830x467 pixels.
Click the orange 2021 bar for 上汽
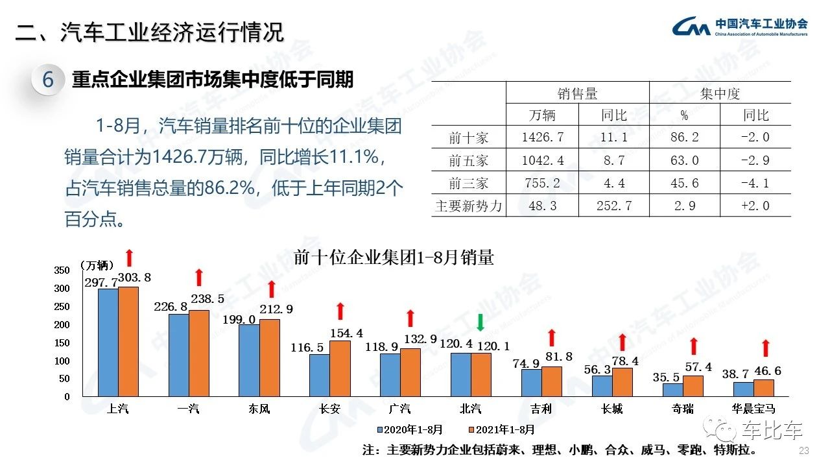pyautogui.click(x=128, y=341)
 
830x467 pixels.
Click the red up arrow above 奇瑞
pyautogui.click(x=693, y=346)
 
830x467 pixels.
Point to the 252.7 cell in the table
pyautogui.click(x=613, y=206)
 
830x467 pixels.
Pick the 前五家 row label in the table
pyautogui.click(x=468, y=160)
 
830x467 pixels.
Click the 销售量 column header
pyautogui.click(x=577, y=93)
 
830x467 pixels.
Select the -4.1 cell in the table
pyautogui.click(x=755, y=183)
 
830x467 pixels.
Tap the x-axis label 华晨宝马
pyautogui.click(x=753, y=409)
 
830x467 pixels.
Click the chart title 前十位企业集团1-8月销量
pyautogui.click(x=394, y=257)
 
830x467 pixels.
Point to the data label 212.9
pyautogui.click(x=276, y=309)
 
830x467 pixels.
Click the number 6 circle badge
pyautogui.click(x=48, y=80)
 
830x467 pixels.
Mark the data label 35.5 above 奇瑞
pyautogui.click(x=674, y=376)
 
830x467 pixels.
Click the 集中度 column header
pyautogui.click(x=720, y=93)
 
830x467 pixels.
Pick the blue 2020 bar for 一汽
pyautogui.click(x=178, y=355)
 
